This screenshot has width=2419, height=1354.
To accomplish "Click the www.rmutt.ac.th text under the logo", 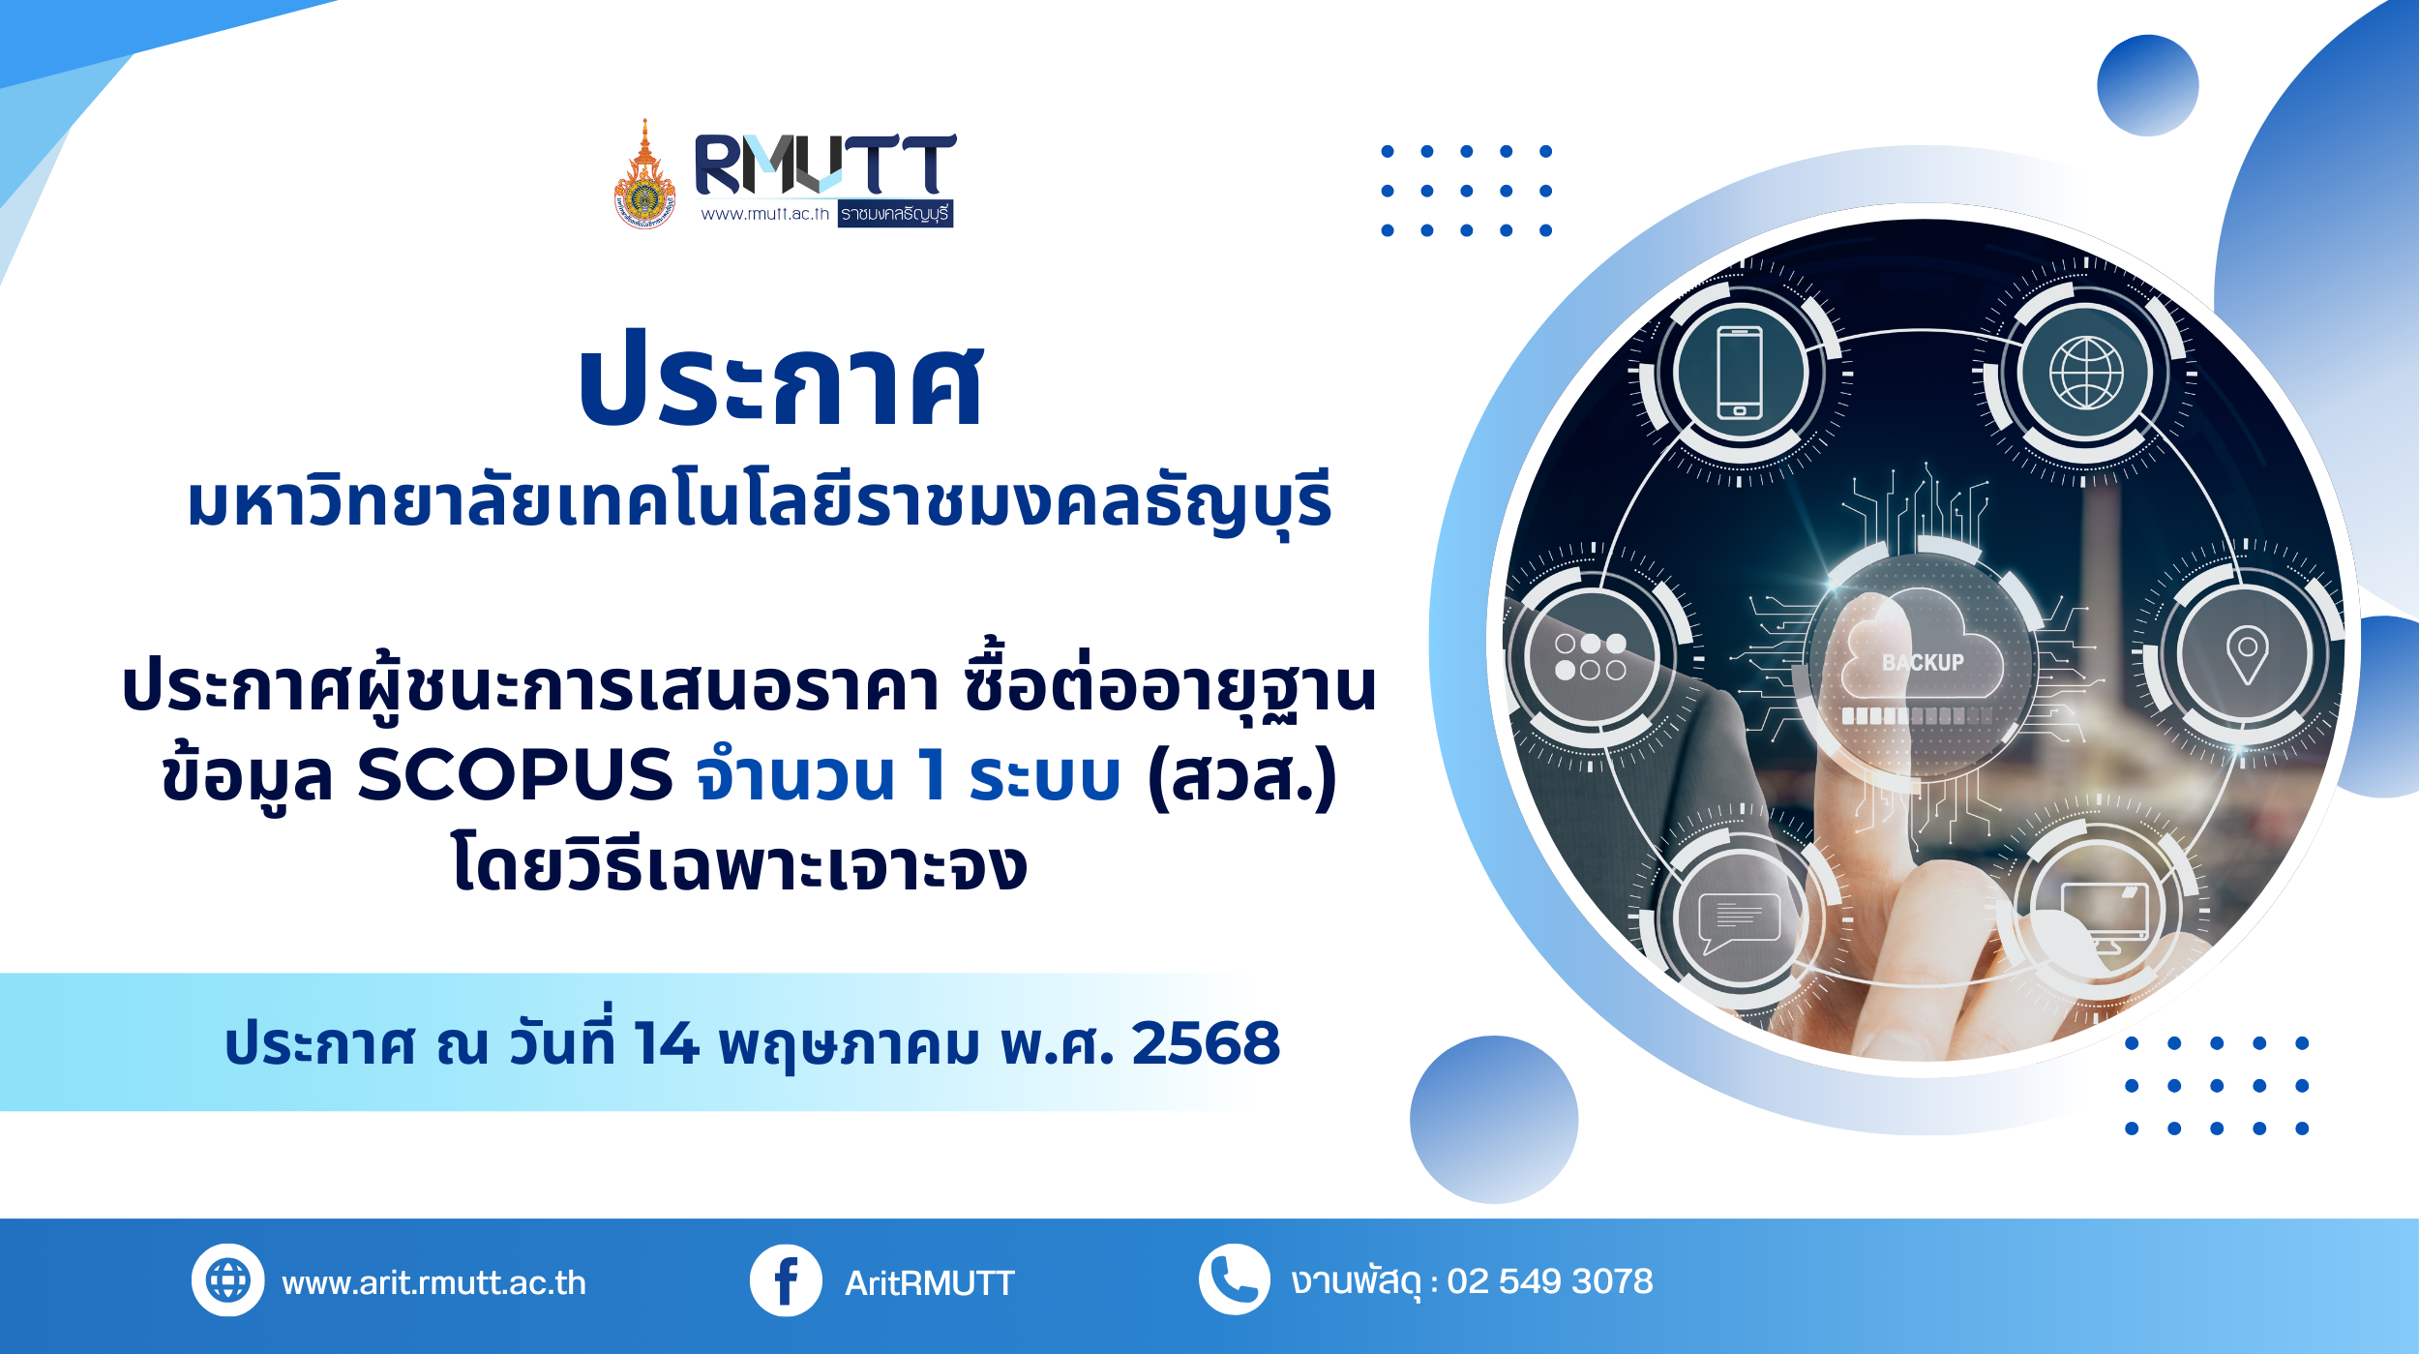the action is pos(765,214).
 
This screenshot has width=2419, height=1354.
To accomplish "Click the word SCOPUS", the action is pos(515,775).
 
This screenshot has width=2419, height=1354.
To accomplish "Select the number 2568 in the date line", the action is pos(1206,1043).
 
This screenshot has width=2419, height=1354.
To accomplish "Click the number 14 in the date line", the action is pos(667,1043).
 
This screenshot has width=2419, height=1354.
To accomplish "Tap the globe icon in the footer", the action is pos(228,1279).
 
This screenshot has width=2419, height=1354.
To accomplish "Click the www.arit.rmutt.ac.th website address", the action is pos(433,1282).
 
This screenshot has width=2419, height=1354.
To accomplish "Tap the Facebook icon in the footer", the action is pos(786,1279).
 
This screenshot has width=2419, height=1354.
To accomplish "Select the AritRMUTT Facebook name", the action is pos(929,1282).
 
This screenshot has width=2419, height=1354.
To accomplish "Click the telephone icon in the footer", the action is pos(1235,1279).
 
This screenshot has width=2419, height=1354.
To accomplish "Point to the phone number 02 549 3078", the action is pos(1550,1280).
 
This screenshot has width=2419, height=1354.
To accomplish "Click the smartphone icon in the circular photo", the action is pos(1739,373).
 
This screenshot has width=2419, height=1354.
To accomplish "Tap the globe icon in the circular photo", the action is pos(2086,373).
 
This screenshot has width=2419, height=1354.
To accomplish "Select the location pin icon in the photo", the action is pos(2247,654).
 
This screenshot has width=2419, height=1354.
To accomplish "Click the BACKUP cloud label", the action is pos(1923,662).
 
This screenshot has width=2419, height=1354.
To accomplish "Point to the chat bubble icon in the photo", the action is pos(1739,921).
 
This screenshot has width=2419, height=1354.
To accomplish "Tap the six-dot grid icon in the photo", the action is pos(1590,656).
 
